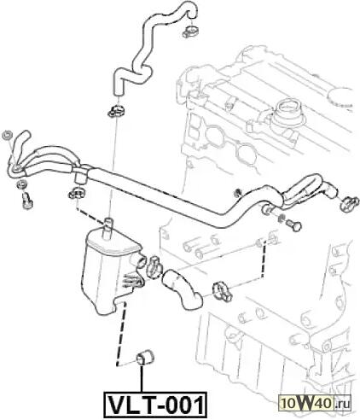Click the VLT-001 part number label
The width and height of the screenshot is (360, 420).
tap(156, 405)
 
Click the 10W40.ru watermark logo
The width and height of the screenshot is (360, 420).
tap(315, 403)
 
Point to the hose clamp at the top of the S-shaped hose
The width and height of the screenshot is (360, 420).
tap(190, 32)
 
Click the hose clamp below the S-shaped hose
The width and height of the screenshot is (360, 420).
tap(117, 111)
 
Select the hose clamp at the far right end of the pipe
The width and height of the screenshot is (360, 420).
tap(349, 203)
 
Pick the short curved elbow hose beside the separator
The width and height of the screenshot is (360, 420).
tap(182, 289)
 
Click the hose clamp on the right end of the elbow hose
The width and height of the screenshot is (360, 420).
tap(223, 291)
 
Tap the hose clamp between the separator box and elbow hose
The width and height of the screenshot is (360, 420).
tap(154, 266)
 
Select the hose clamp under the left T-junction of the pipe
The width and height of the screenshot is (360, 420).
tap(77, 194)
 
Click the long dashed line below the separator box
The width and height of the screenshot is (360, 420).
tap(121, 334)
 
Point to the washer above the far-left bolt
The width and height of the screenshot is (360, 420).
tap(22, 184)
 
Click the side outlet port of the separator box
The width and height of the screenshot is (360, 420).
tap(139, 262)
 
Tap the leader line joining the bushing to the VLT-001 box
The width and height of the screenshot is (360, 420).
tap(142, 378)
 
